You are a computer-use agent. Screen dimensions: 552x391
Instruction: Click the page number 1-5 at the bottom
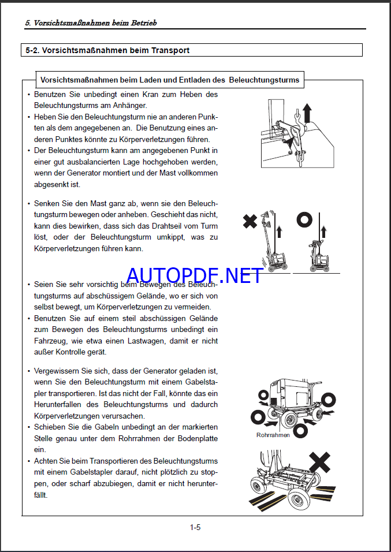pyautogui.click(x=195, y=527)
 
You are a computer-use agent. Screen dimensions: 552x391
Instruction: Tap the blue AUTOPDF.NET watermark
pyautogui.click(x=195, y=275)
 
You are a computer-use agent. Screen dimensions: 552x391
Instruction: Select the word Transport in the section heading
pyautogui.click(x=169, y=50)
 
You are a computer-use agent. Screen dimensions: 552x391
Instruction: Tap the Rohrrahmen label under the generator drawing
pyautogui.click(x=273, y=435)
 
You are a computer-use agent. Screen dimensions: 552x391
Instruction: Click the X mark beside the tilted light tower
pyautogui.click(x=250, y=221)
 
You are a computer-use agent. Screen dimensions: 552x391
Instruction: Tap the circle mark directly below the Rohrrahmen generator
pyautogui.click(x=300, y=430)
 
